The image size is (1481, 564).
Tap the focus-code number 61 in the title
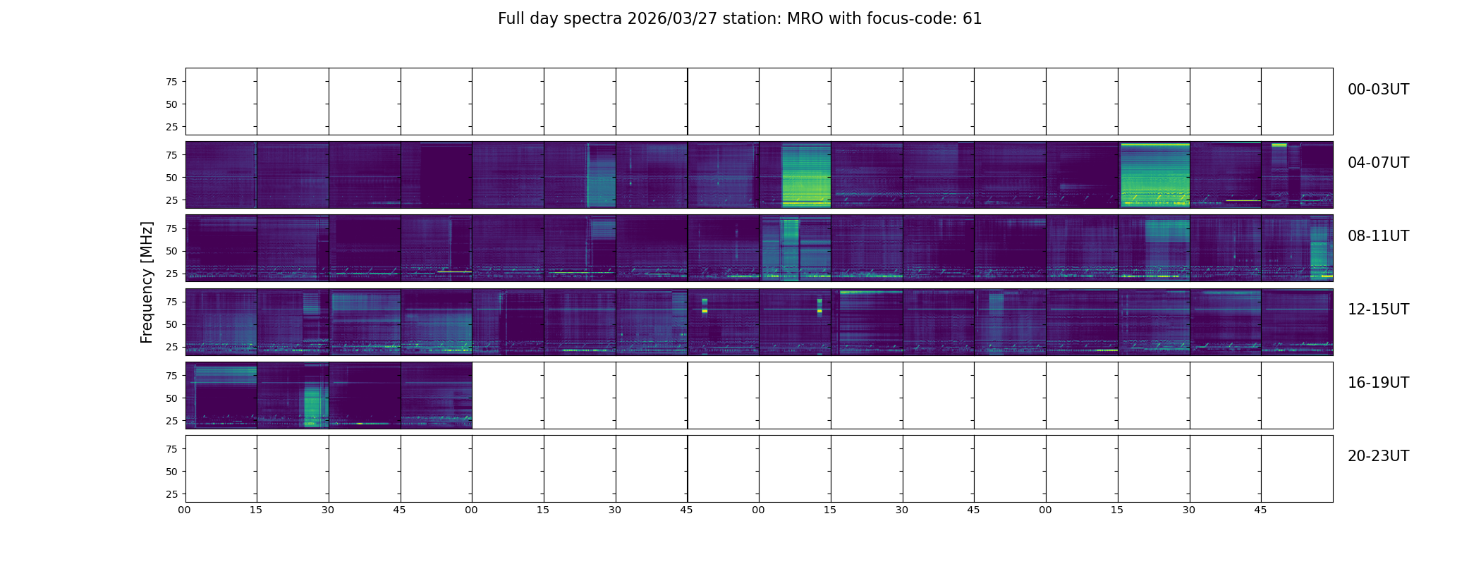972,19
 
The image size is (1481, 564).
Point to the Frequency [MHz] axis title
147,282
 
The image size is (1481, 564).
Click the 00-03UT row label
1378,90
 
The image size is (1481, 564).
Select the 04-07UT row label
1378,163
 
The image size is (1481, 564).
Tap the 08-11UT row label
1378,236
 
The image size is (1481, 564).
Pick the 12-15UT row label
1378,309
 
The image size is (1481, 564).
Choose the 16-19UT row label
1378,383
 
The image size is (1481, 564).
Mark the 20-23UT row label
1378,456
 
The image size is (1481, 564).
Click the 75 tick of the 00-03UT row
171,82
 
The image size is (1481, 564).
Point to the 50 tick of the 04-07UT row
171,178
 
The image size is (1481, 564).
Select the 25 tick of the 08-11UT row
171,274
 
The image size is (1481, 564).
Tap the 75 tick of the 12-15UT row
171,302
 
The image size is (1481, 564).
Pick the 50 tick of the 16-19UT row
171,398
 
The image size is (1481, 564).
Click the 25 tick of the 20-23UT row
171,494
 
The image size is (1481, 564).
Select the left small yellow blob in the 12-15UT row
705,306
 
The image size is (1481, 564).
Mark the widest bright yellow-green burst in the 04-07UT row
1154,176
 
